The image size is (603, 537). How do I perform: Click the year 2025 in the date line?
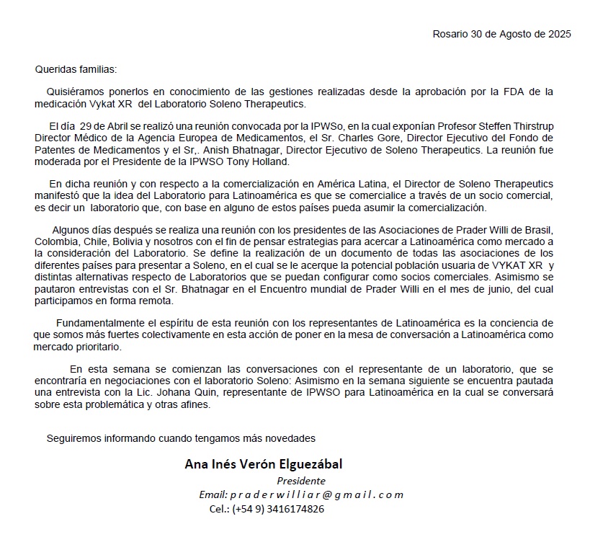point(559,34)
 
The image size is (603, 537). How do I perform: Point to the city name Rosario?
point(450,34)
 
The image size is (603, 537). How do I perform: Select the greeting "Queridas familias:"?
point(76,70)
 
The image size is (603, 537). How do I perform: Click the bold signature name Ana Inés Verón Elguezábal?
point(264,464)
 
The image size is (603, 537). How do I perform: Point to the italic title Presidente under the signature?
point(301,481)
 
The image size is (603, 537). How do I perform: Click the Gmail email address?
point(317,494)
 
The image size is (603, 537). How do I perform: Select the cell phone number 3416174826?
point(296,509)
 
